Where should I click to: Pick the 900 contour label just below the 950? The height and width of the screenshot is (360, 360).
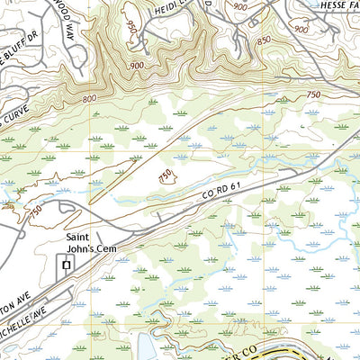[137, 67]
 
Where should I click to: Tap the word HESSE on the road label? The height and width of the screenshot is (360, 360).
[322, 5]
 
